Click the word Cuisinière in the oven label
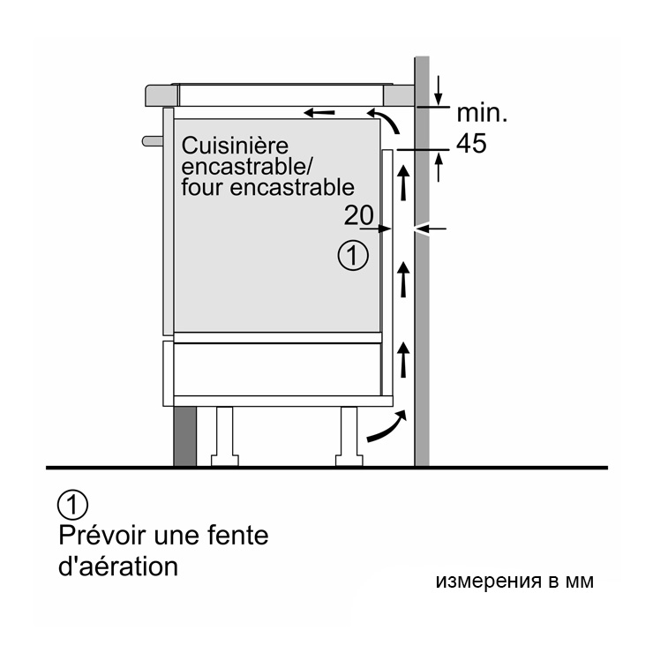tap(235, 146)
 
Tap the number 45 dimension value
tap(471, 144)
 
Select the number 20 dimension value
tap(358, 215)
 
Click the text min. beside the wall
tap(483, 113)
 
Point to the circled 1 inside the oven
tap(353, 255)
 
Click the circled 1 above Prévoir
tap(73, 505)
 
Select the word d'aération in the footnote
tap(118, 567)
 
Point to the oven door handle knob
tap(152, 141)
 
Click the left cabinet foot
tap(225, 437)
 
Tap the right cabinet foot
tap(349, 437)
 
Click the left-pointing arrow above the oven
tap(319, 112)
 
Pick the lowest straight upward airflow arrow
tap(403, 359)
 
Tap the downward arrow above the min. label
tap(438, 90)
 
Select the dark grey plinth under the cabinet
tap(185, 437)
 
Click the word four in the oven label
tap(202, 187)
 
